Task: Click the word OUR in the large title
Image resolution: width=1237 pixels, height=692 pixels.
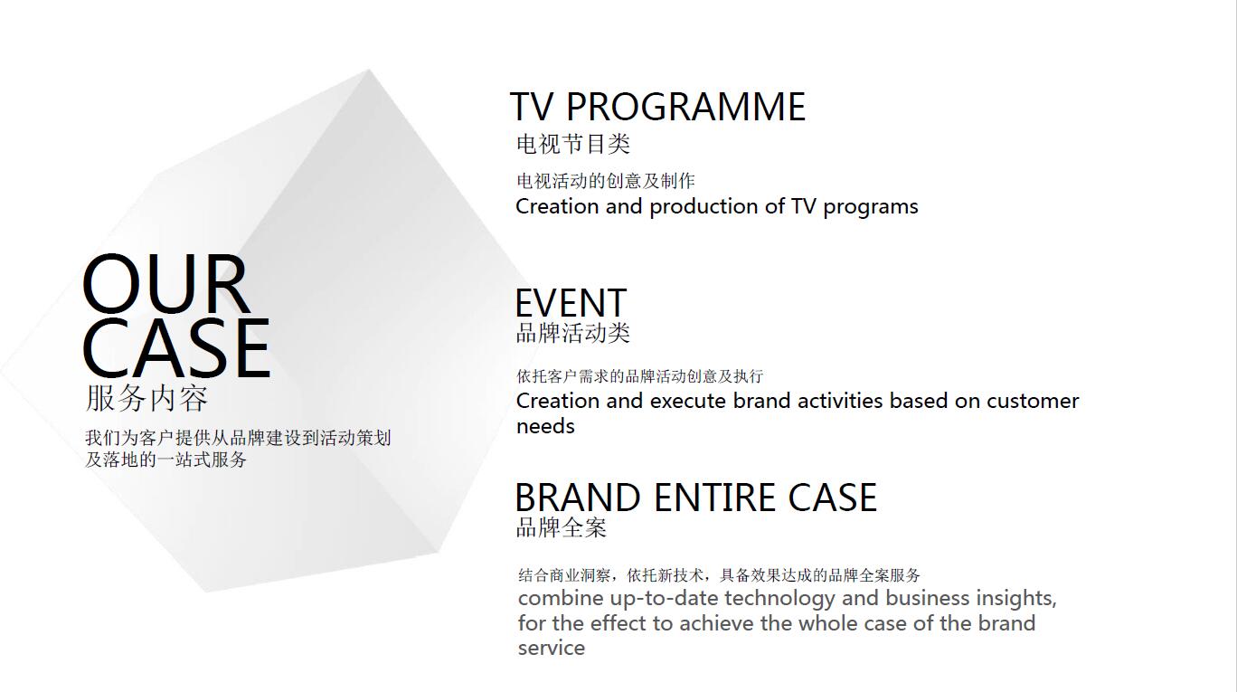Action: [165, 284]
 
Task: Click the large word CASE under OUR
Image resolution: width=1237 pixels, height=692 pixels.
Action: [176, 348]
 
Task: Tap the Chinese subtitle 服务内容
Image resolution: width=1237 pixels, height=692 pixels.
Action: [146, 398]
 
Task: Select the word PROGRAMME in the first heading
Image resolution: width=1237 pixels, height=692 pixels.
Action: [685, 107]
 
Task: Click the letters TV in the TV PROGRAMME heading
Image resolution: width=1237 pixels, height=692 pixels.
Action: [531, 107]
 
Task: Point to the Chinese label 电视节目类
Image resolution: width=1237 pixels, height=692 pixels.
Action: [572, 144]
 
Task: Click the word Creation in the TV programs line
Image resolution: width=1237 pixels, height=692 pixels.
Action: [557, 206]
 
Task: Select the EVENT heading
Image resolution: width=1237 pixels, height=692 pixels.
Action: [571, 303]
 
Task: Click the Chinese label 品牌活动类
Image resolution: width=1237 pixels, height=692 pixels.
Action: [572, 333]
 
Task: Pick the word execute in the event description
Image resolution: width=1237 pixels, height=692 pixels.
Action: [687, 401]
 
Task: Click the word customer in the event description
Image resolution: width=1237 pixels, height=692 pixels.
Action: [1032, 402]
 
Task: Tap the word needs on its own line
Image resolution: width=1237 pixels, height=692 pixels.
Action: [545, 427]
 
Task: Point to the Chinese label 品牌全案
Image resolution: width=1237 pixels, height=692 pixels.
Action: [561, 527]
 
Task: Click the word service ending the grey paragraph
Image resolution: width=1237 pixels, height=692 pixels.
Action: [551, 648]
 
